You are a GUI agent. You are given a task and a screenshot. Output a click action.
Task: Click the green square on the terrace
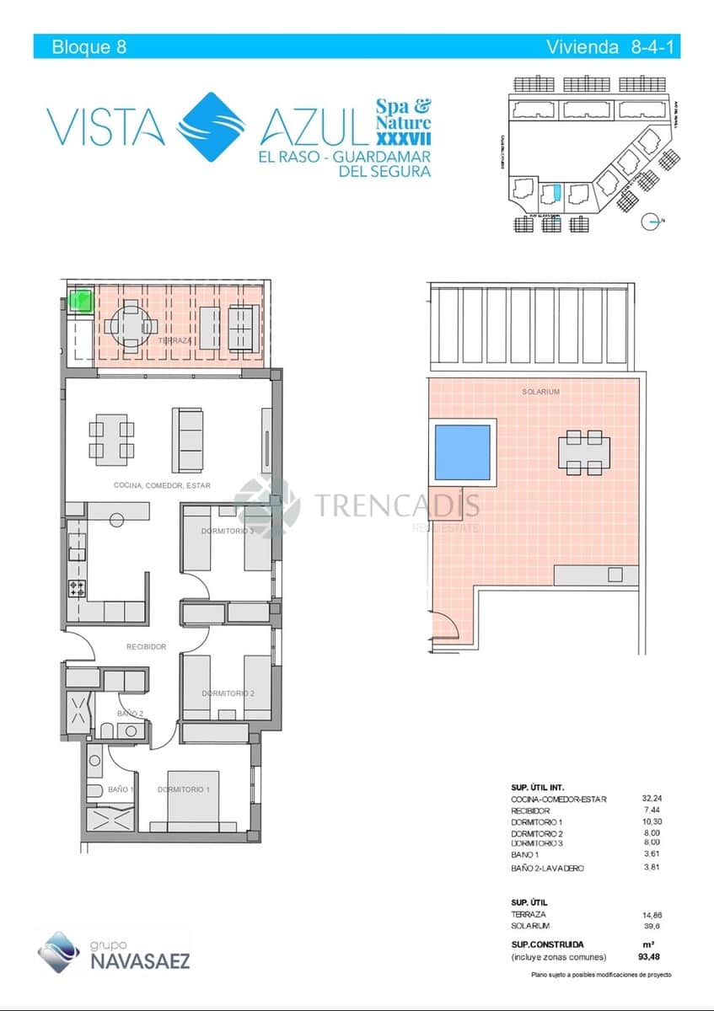tap(81, 300)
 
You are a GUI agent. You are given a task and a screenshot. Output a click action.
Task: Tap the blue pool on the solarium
tap(461, 452)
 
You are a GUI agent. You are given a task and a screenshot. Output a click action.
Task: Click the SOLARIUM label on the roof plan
tap(540, 392)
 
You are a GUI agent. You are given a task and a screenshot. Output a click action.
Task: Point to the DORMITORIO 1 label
tap(184, 789)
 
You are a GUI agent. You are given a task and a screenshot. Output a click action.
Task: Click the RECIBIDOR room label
tap(146, 647)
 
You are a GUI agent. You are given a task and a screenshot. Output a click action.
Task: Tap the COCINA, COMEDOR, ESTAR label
tap(162, 485)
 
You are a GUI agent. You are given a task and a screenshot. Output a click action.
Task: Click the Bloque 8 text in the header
tap(89, 47)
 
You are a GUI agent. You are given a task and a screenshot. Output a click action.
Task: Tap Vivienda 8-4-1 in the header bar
tap(612, 47)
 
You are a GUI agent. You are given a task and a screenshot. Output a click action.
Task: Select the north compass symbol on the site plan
tap(650, 222)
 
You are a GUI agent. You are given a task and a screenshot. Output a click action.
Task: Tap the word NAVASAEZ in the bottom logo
tap(140, 960)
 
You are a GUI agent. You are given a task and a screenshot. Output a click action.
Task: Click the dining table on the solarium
tap(583, 452)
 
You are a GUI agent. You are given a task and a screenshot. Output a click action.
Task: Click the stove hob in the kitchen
tap(77, 588)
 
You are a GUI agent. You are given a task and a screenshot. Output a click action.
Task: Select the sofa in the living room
tap(187, 439)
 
